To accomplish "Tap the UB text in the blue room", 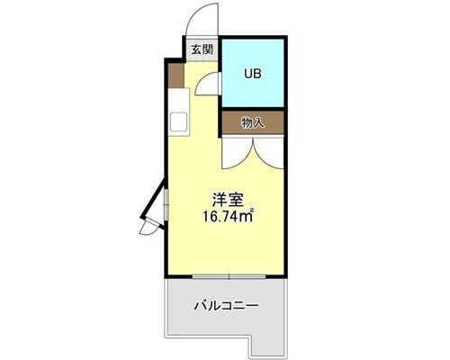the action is tap(253, 74).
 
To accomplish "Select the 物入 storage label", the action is tap(253, 122).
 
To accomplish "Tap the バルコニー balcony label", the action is tap(226, 306).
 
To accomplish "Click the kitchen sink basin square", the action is tap(179, 121).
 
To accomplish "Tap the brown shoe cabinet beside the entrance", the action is tap(175, 76).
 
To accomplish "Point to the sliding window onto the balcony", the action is tap(229, 276).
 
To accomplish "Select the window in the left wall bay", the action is tap(166, 204).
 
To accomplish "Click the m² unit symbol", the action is tap(248, 215).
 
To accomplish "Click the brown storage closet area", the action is tap(253, 122).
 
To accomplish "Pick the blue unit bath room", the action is tap(253, 73).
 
